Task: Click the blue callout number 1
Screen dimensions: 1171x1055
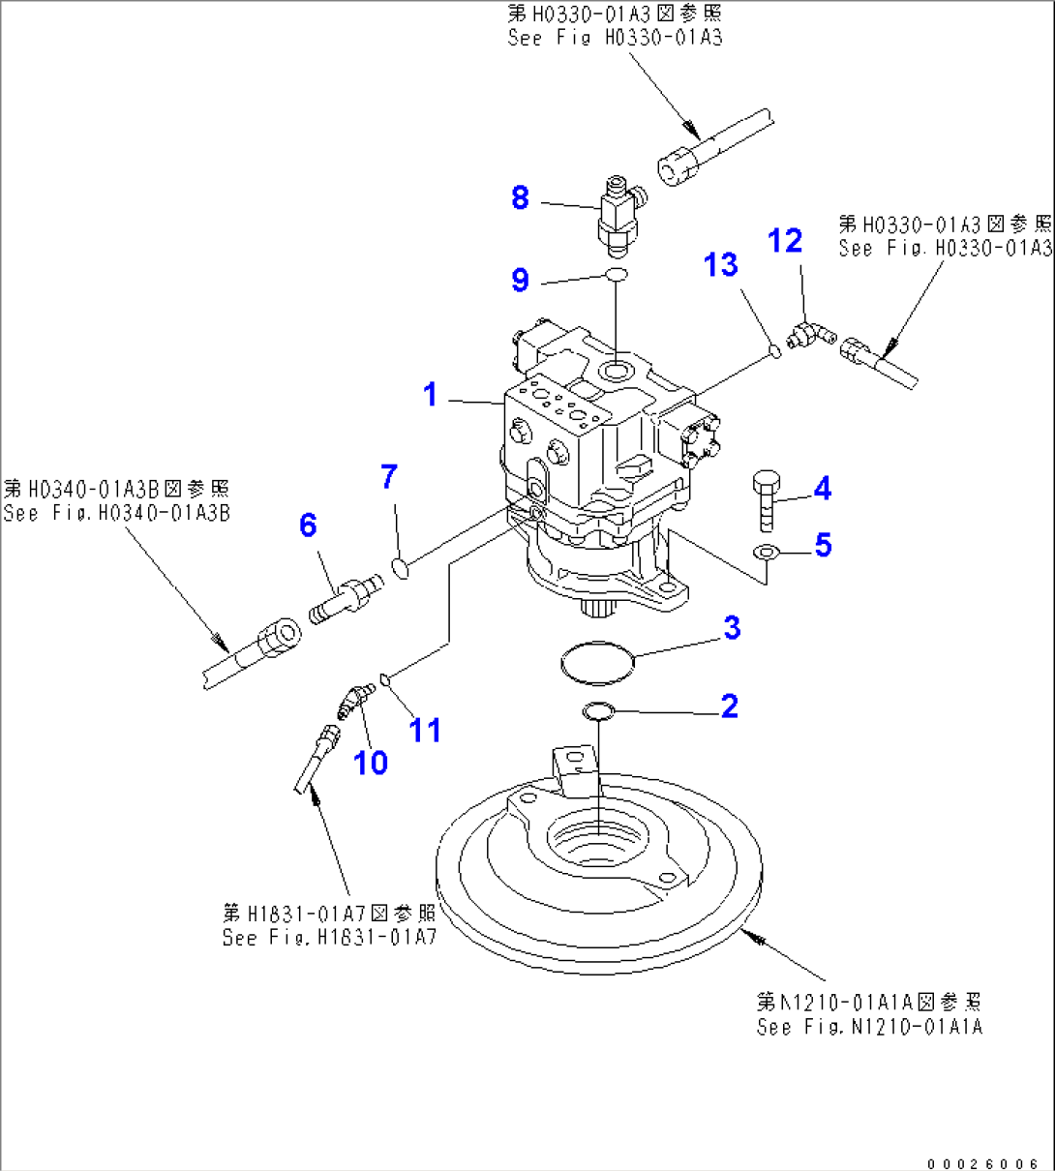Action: pyautogui.click(x=431, y=395)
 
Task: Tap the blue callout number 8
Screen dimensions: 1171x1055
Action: pyautogui.click(x=520, y=198)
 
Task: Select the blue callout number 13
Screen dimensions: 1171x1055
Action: pyautogui.click(x=721, y=264)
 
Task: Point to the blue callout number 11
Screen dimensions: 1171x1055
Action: pyautogui.click(x=425, y=730)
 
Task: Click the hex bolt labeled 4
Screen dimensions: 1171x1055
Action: pyautogui.click(x=764, y=499)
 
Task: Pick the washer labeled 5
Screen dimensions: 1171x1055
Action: pyautogui.click(x=767, y=553)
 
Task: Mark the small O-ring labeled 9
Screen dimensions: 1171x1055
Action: pyautogui.click(x=617, y=276)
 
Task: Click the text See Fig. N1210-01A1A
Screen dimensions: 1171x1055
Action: pyautogui.click(x=869, y=1027)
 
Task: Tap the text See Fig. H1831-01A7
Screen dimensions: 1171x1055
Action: pyautogui.click(x=329, y=938)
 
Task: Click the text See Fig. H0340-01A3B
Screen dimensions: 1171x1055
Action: pyautogui.click(x=116, y=514)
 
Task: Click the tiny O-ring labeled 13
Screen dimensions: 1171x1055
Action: pyautogui.click(x=773, y=350)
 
